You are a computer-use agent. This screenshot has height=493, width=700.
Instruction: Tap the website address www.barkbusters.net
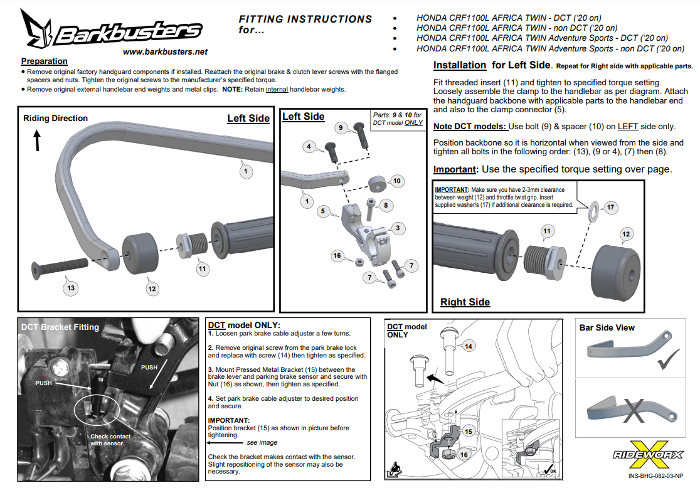[x=165, y=51]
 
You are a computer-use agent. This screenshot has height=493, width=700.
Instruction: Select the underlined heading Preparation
[x=44, y=61]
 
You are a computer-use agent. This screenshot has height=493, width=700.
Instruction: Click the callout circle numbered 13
[x=71, y=288]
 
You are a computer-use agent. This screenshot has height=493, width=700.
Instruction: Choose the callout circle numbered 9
[x=340, y=128]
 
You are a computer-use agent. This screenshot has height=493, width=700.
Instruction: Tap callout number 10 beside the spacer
[x=396, y=181]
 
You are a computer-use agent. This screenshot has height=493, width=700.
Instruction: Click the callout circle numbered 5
[x=322, y=211]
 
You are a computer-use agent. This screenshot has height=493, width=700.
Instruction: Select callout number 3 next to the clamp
[x=397, y=228]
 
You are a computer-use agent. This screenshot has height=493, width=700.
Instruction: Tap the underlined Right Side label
[x=465, y=302]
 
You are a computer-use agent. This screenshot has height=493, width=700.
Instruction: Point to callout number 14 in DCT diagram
[x=469, y=346]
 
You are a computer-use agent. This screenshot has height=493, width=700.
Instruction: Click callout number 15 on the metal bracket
[x=468, y=432]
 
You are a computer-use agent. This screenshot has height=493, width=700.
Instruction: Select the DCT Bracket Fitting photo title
[x=60, y=327]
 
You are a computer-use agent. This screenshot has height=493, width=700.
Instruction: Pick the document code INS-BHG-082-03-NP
[x=655, y=475]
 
